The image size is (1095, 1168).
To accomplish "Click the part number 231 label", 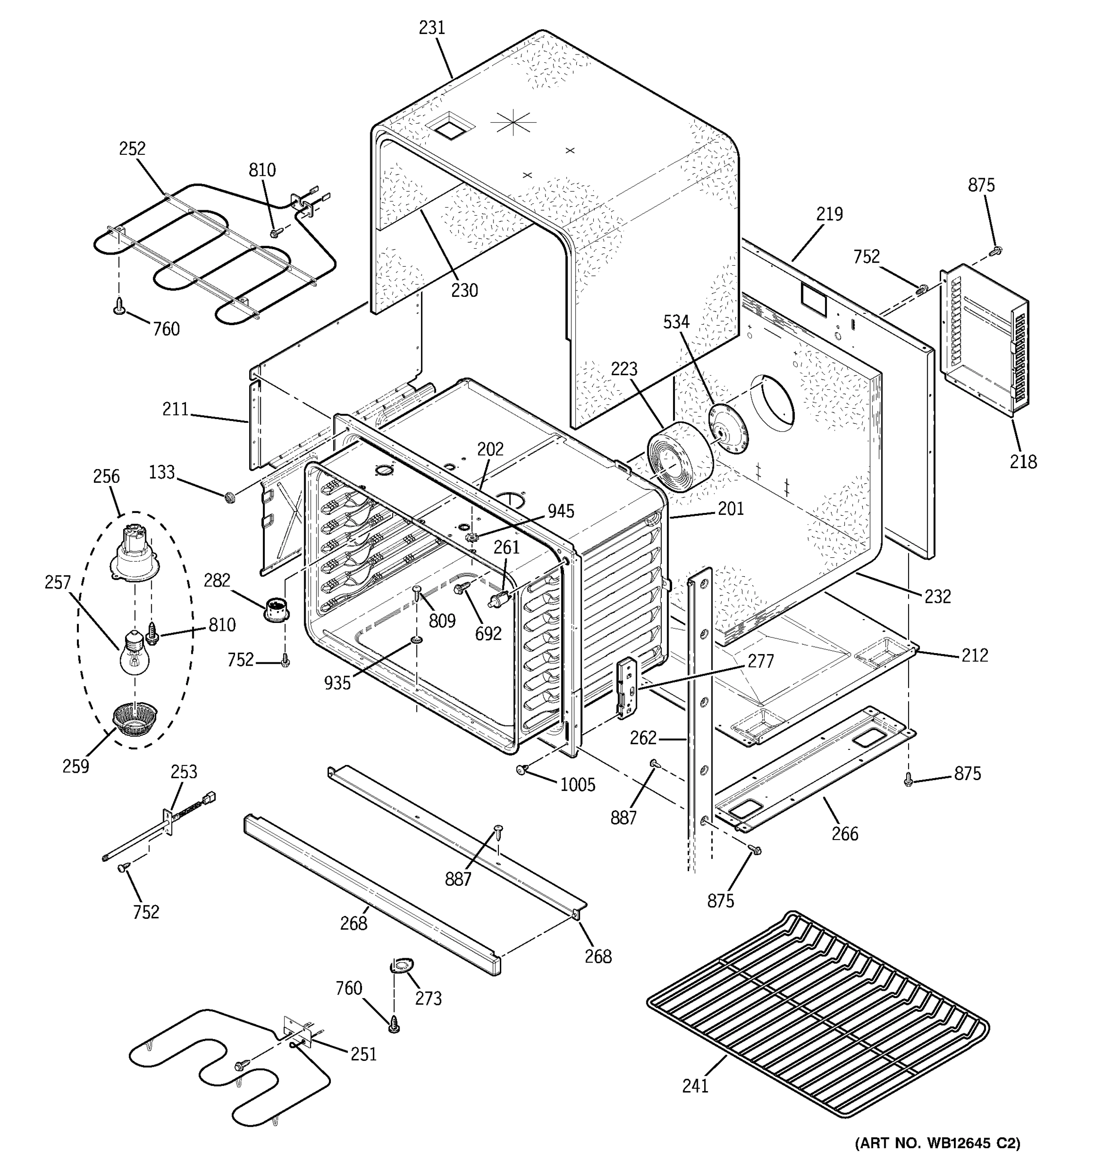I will pyautogui.click(x=432, y=28).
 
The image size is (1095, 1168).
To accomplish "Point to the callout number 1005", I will pyautogui.click(x=578, y=785).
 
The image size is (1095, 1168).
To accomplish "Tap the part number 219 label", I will pyautogui.click(x=829, y=214).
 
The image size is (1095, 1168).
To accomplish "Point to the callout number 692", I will pyautogui.click(x=488, y=633).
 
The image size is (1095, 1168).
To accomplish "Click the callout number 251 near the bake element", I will pyautogui.click(x=363, y=1055).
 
